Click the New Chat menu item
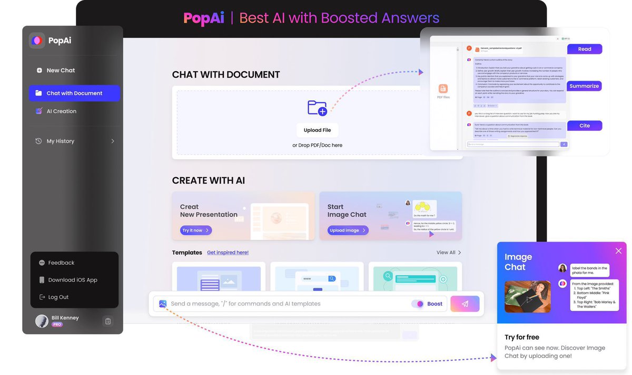pyautogui.click(x=61, y=70)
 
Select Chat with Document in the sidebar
pyautogui.click(x=74, y=93)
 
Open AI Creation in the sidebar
pyautogui.click(x=61, y=111)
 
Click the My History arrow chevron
pyautogui.click(x=113, y=141)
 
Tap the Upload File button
pyautogui.click(x=317, y=130)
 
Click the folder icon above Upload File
pyautogui.click(x=317, y=108)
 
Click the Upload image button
pyautogui.click(x=348, y=230)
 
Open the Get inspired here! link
pyautogui.click(x=228, y=253)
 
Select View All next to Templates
pyautogui.click(x=449, y=253)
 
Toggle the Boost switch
pyautogui.click(x=418, y=304)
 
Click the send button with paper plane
pyautogui.click(x=465, y=304)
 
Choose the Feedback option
pyautogui.click(x=61, y=263)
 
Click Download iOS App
pyautogui.click(x=73, y=280)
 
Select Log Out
pyautogui.click(x=58, y=297)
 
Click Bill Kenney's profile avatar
pyautogui.click(x=42, y=321)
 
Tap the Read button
pyautogui.click(x=585, y=49)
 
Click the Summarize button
pyautogui.click(x=584, y=86)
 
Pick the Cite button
pyautogui.click(x=585, y=126)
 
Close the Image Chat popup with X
pyautogui.click(x=618, y=251)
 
